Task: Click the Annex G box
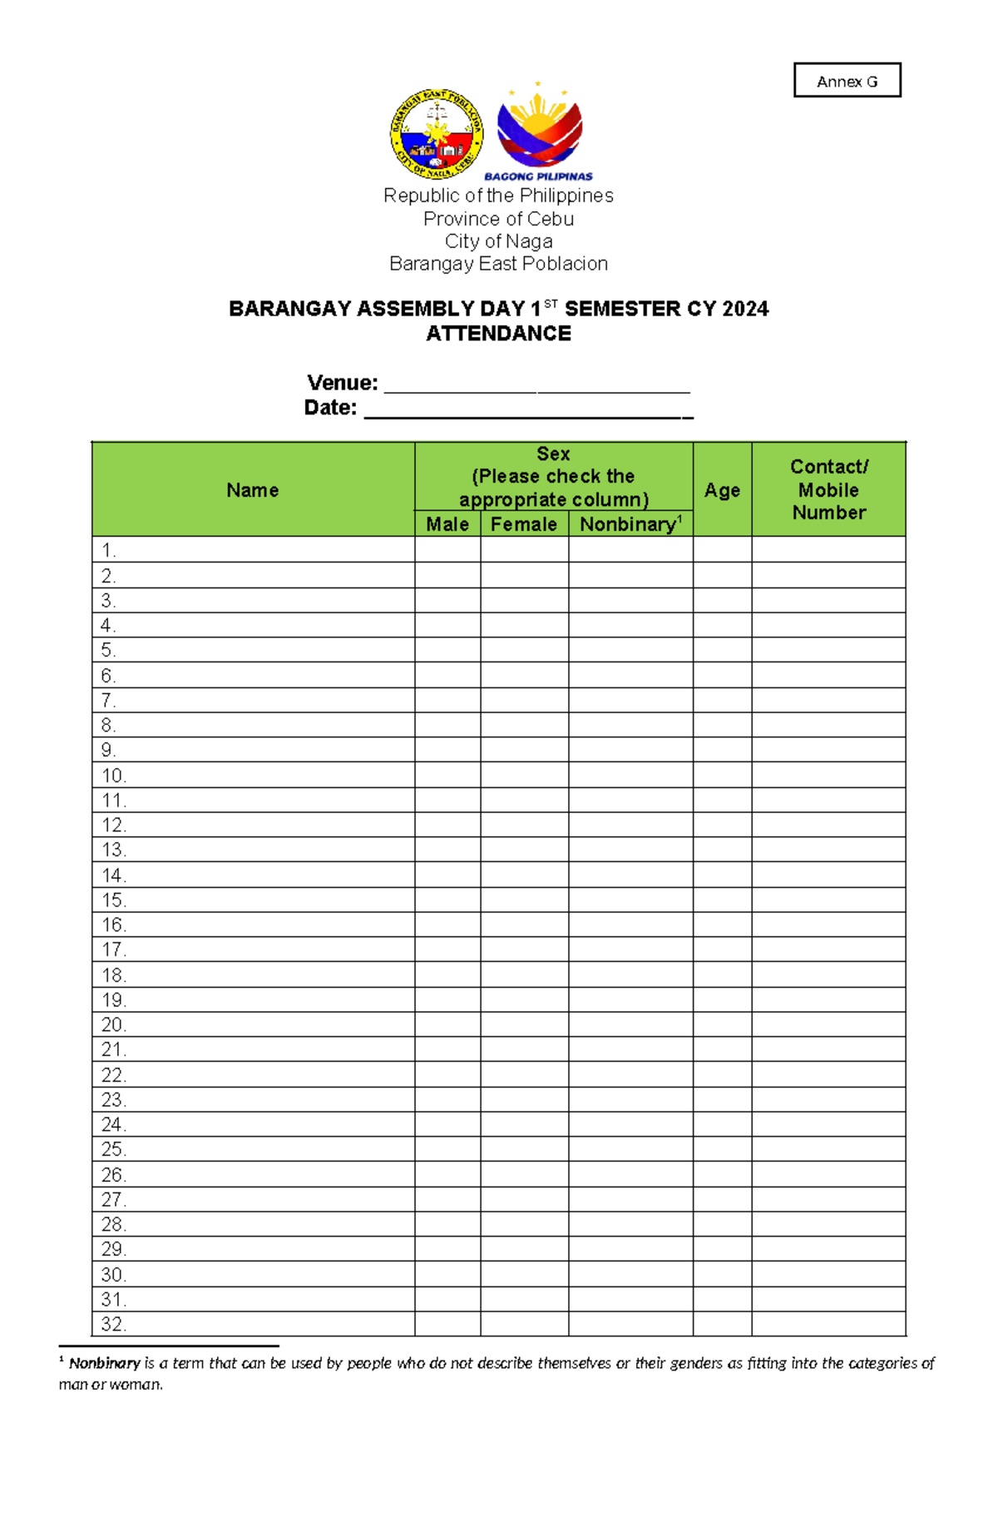(x=847, y=81)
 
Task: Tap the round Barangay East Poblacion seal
(x=437, y=135)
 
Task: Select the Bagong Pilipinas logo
(x=539, y=133)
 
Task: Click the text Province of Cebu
(x=498, y=219)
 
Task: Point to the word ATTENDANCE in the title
(x=498, y=334)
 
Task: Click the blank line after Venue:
(x=536, y=384)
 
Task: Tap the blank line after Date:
(x=528, y=409)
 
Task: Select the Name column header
(x=253, y=490)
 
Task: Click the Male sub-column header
(x=447, y=524)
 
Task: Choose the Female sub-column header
(x=524, y=524)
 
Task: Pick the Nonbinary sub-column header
(x=630, y=524)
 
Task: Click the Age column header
(x=722, y=490)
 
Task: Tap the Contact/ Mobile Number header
(x=828, y=489)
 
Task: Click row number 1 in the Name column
(x=109, y=550)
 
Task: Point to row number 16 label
(x=113, y=925)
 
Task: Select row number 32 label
(x=113, y=1324)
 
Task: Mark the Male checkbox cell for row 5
(x=447, y=650)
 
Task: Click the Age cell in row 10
(x=722, y=776)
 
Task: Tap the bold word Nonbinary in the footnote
(x=104, y=1364)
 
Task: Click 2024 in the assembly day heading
(x=745, y=310)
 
